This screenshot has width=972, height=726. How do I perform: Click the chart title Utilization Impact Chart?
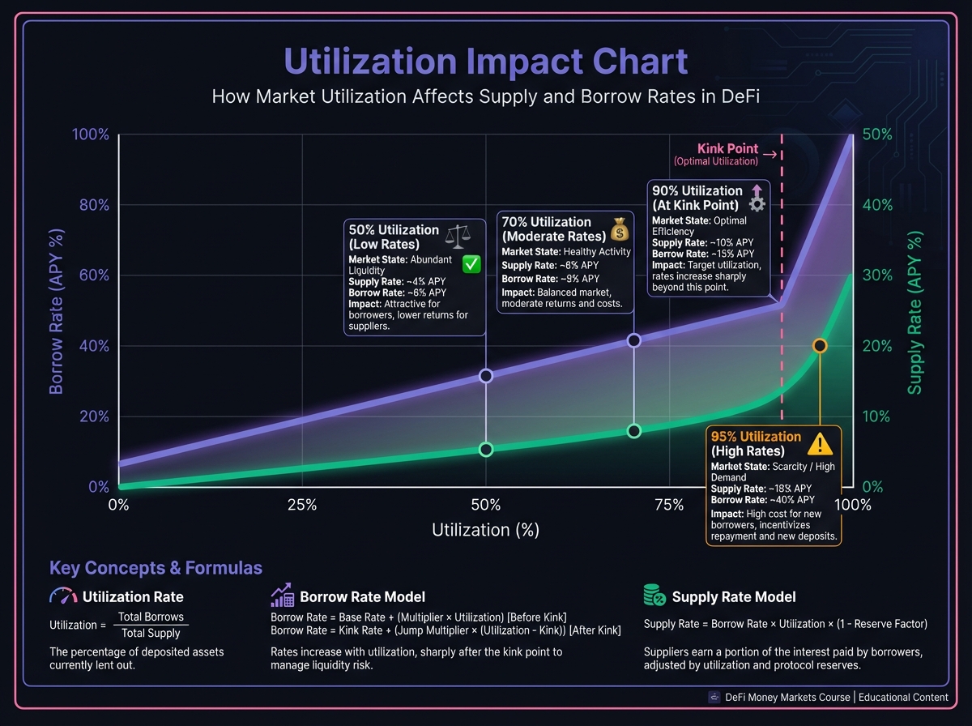point(486,62)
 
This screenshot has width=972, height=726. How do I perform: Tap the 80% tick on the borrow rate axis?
point(93,205)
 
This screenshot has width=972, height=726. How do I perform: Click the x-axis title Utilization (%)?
point(485,531)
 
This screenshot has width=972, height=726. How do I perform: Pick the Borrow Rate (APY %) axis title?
point(56,312)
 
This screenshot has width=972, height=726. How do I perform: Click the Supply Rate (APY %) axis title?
point(914,314)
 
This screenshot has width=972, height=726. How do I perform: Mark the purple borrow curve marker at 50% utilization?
point(485,376)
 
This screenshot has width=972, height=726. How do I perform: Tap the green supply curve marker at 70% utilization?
point(634,431)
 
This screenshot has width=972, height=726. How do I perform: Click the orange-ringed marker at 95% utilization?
point(820,346)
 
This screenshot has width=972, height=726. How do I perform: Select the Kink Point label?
point(727,149)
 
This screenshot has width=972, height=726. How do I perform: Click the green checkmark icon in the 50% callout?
point(471,263)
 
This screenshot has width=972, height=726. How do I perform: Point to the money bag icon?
point(620,228)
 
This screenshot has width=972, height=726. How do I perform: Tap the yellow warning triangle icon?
point(820,443)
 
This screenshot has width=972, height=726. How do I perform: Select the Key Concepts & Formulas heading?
point(156,568)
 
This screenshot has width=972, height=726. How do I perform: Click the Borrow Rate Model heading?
point(362,597)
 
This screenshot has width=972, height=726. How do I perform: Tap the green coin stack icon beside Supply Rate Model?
point(654,596)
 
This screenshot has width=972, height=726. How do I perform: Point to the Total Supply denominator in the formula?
point(151,633)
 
